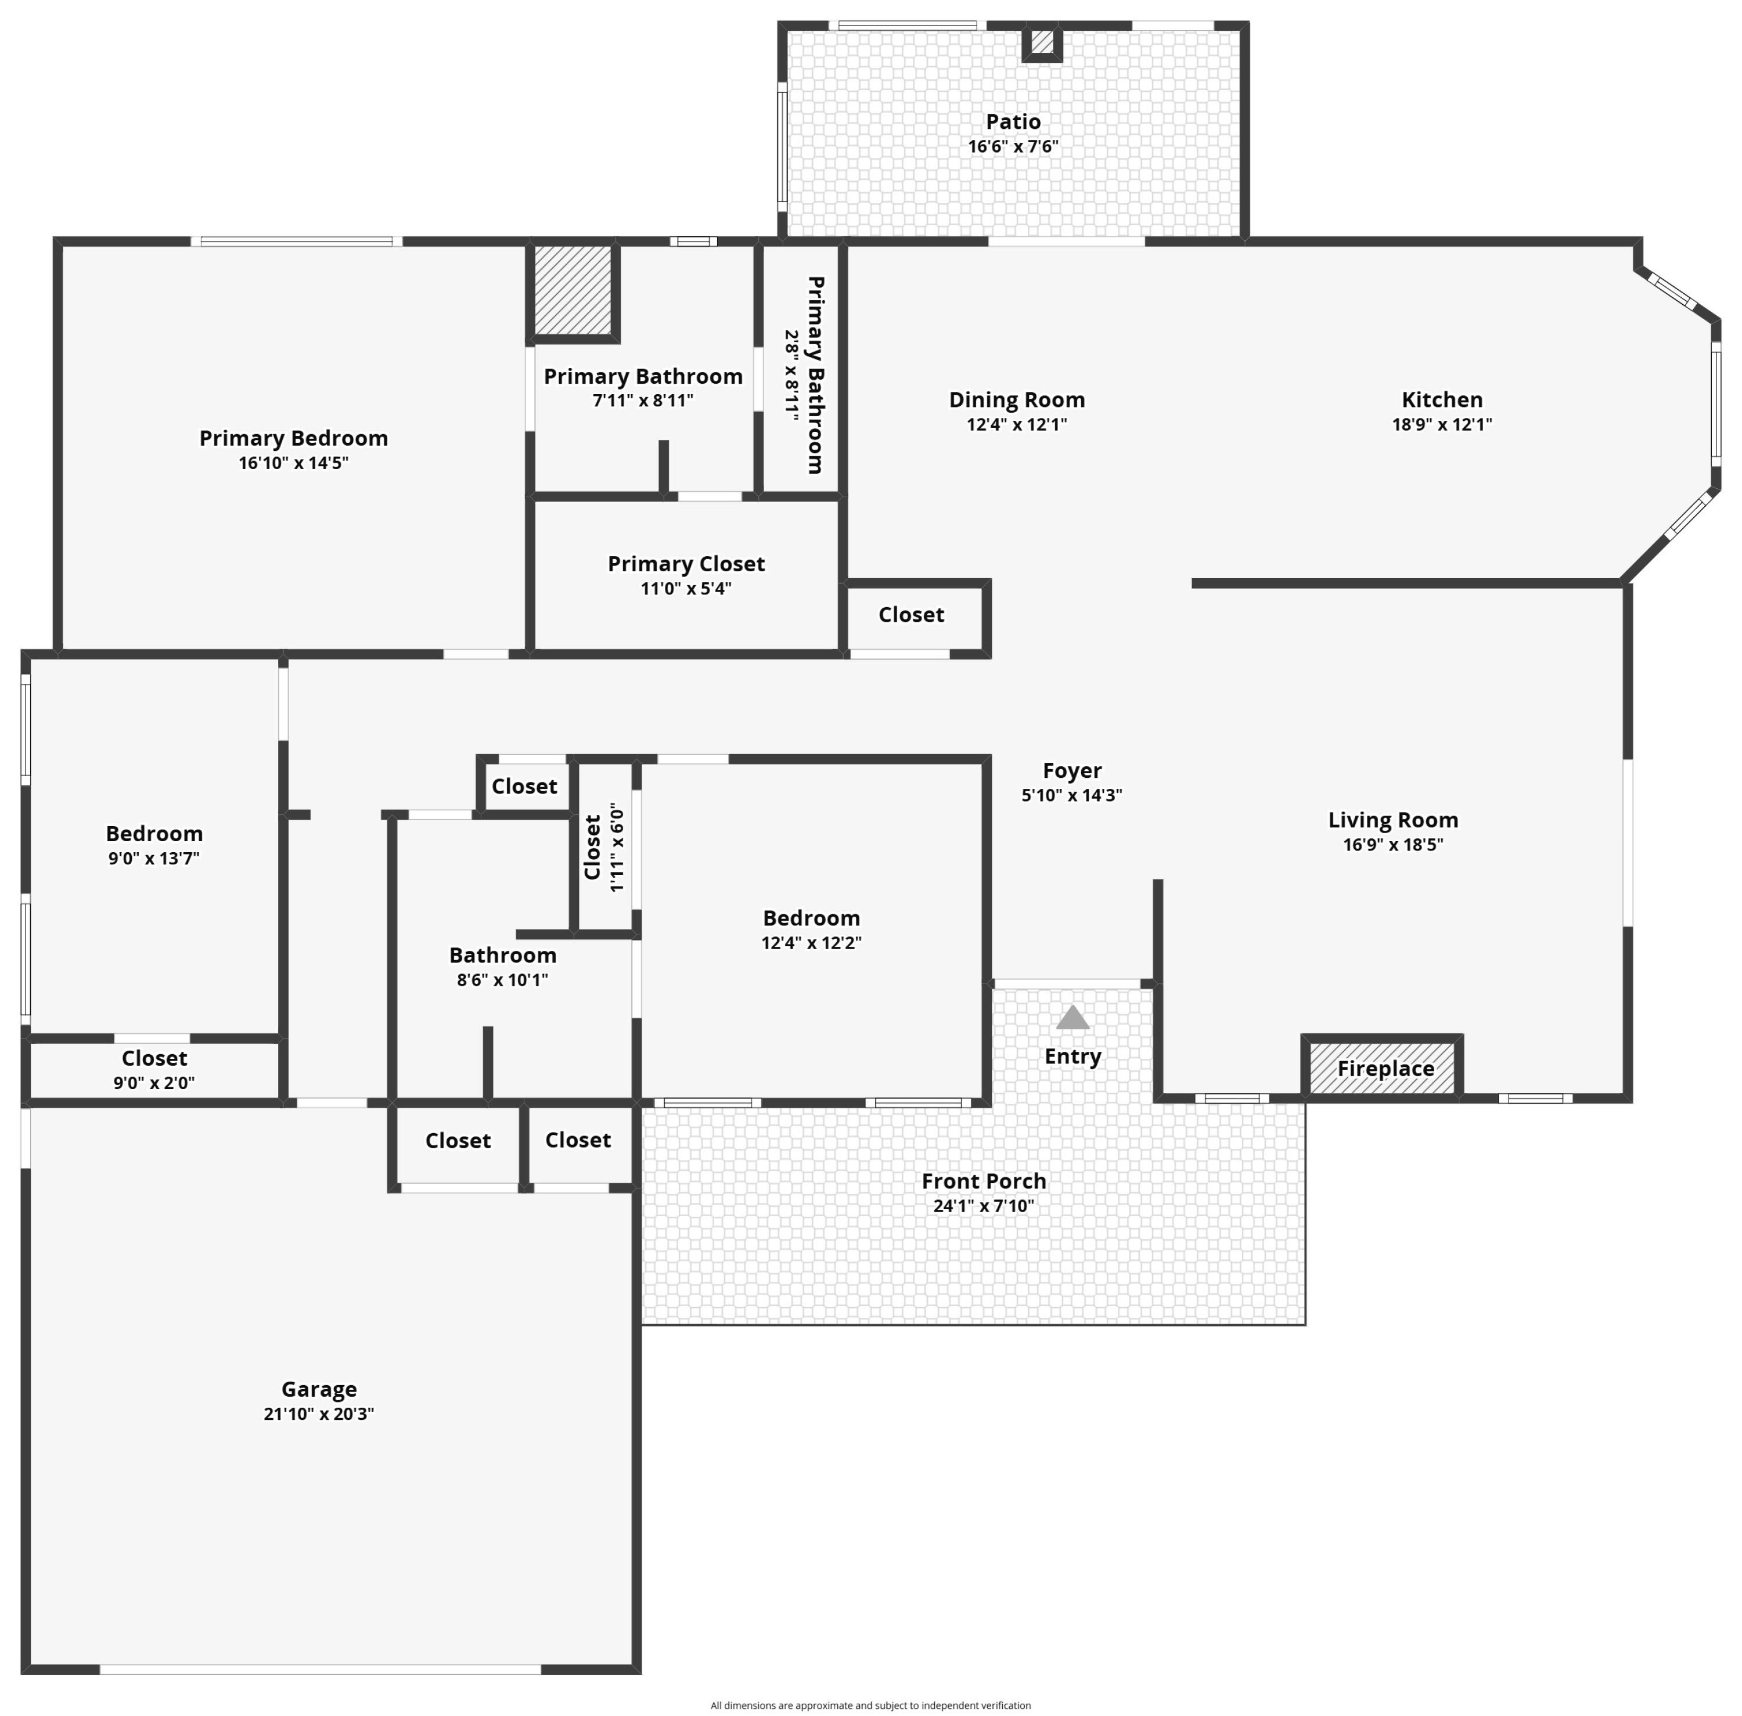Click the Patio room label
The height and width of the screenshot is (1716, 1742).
[x=1013, y=122]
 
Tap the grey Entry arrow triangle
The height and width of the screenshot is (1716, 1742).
[x=1072, y=1018]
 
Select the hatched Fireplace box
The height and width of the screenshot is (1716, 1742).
[x=1382, y=1068]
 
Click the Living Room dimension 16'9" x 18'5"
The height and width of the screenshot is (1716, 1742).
[x=1392, y=845]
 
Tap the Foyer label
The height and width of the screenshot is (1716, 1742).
[x=1071, y=770]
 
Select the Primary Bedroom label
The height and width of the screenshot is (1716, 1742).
[x=293, y=438]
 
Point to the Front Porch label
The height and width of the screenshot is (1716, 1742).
[x=983, y=1181]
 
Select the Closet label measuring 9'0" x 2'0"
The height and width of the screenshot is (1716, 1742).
[x=154, y=1058]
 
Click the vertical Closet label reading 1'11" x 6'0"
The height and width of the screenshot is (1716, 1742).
[x=592, y=847]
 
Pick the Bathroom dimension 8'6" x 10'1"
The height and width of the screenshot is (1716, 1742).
[x=502, y=980]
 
